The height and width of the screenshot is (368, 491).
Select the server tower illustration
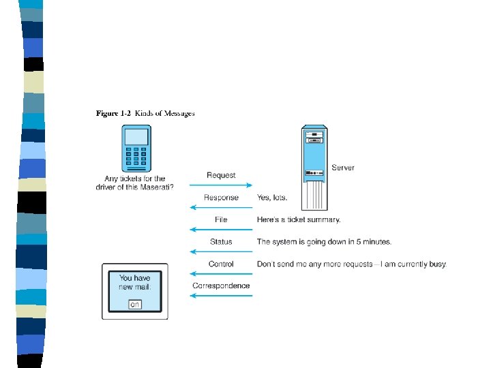click(315, 167)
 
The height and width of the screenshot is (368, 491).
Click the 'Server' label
click(342, 168)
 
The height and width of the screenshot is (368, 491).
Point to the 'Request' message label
click(221, 175)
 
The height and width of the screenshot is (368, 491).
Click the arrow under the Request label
click(221, 185)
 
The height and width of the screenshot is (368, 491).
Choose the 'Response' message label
click(221, 198)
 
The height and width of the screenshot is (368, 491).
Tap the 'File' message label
click(221, 219)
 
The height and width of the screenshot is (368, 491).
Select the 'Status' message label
click(221, 241)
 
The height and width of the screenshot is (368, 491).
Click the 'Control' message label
click(221, 264)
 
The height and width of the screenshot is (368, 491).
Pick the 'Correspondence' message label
click(221, 286)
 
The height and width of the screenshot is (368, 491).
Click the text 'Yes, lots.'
click(272, 198)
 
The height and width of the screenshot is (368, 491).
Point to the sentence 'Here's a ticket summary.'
click(299, 219)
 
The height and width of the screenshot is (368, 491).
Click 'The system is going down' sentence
click(324, 241)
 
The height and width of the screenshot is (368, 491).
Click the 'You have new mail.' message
click(135, 282)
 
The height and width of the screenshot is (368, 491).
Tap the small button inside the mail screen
click(135, 304)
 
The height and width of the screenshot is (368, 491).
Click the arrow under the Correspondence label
click(221, 295)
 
